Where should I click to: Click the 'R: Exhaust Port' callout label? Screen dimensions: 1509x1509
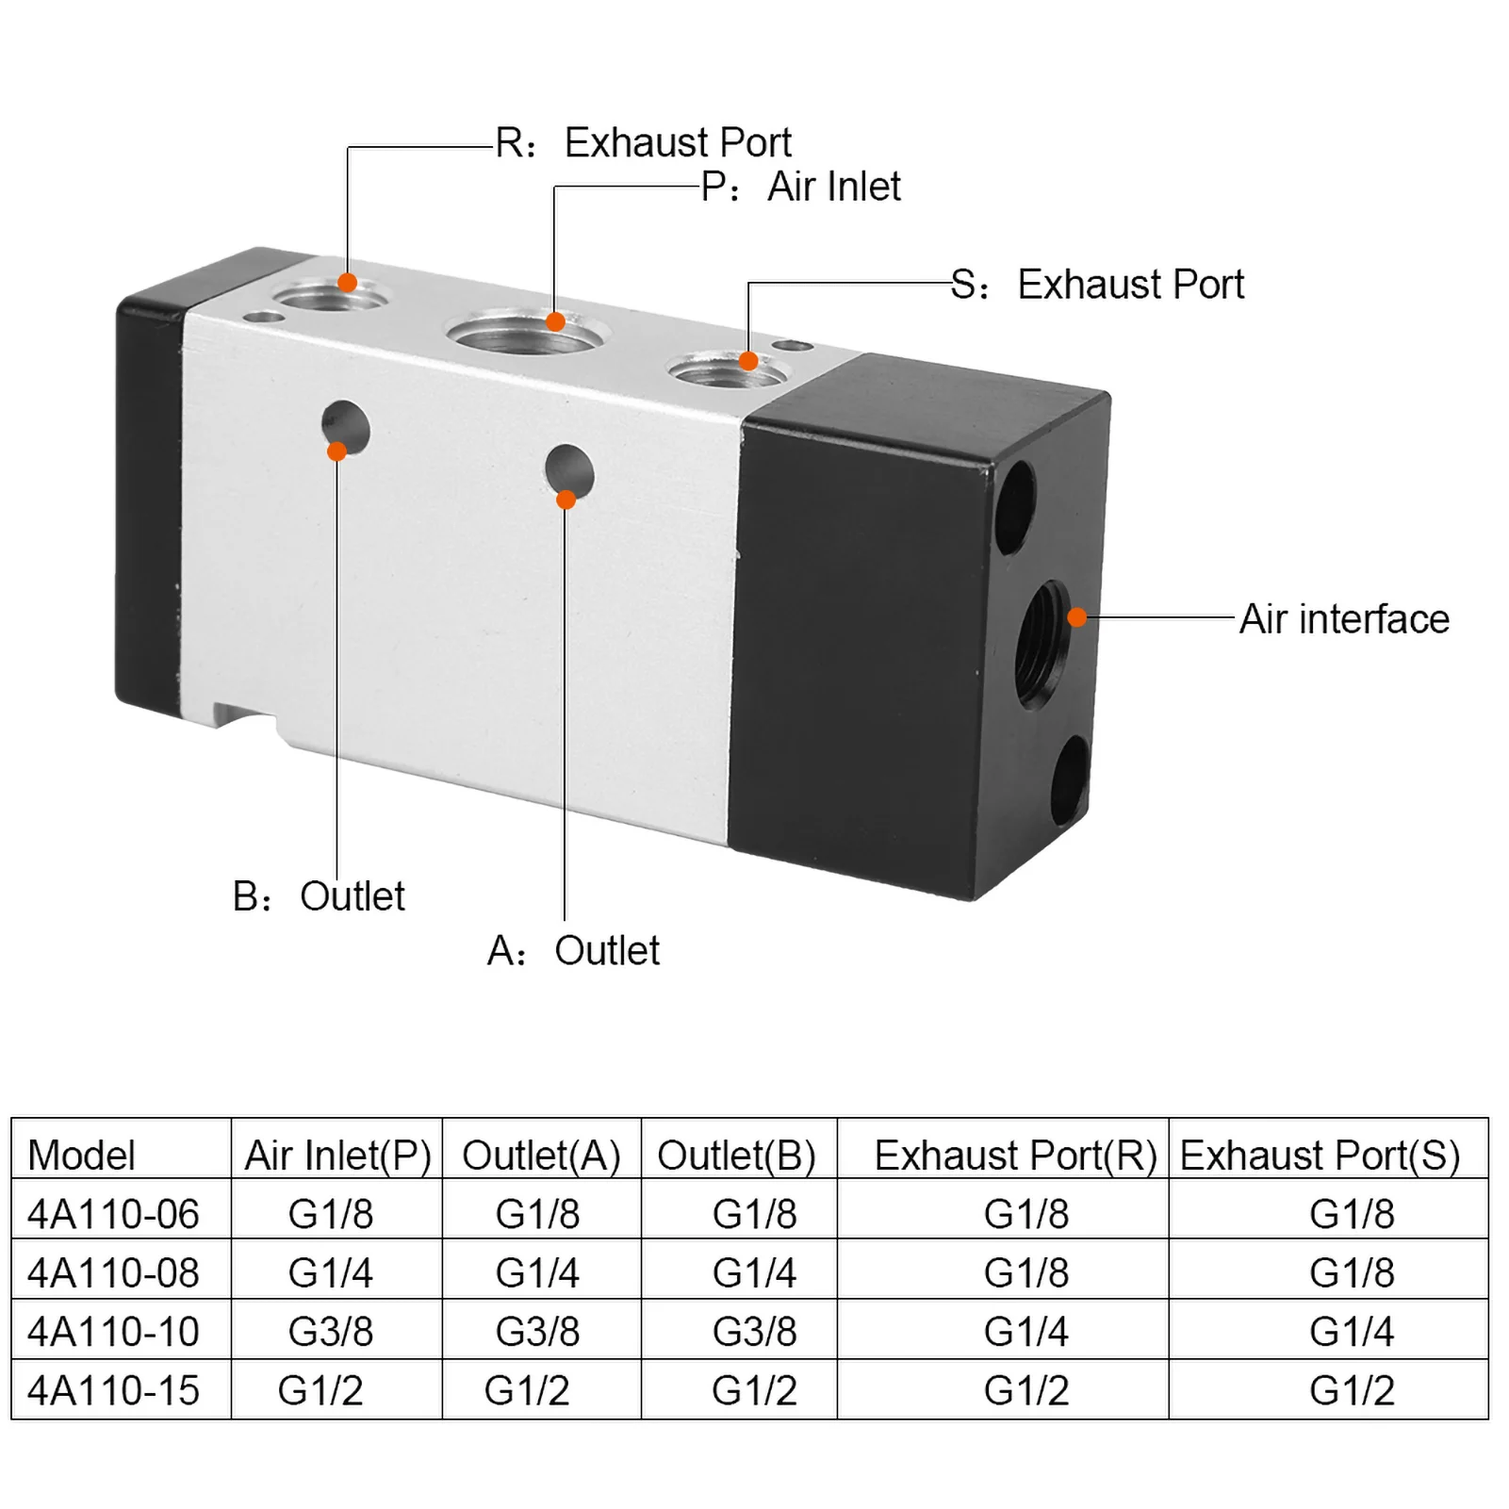644,143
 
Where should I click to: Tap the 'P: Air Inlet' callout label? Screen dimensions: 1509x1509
801,187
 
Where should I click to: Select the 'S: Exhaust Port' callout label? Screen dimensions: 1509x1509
1097,285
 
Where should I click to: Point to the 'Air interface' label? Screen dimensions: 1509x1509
1344,619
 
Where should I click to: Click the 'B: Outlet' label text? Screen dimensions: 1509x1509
319,896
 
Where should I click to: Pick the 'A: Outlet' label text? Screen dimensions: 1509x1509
573,951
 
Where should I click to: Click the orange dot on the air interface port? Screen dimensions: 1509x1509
1076,617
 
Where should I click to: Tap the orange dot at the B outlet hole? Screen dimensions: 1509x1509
336,451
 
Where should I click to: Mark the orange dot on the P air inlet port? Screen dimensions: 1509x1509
555,322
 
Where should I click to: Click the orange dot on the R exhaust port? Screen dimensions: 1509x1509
347,283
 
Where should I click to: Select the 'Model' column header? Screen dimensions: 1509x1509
82,1155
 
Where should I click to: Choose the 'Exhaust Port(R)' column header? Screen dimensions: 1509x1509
1015,1155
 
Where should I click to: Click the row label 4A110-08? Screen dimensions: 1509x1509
113,1272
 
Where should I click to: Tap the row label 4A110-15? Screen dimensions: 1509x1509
113,1390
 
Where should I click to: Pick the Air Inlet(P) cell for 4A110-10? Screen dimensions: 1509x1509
331,1332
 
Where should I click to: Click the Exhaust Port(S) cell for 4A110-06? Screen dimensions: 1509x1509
1352,1214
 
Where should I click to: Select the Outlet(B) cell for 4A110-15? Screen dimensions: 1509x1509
754,1390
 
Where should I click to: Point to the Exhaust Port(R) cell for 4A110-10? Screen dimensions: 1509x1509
1025,1332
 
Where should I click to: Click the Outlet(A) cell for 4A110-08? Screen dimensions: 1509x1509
537,1272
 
